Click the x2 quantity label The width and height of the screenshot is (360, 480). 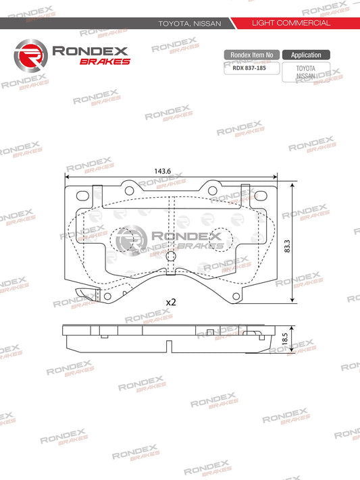pos(170,302)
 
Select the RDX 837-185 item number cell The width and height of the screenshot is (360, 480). pos(250,68)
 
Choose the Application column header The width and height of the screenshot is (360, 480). pos(306,55)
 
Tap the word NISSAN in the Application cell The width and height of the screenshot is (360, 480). pos(306,76)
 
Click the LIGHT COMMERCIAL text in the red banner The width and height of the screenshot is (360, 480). pos(290,23)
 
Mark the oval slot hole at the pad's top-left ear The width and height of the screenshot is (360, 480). pos(83,196)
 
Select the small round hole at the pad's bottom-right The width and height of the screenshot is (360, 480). pos(236,295)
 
